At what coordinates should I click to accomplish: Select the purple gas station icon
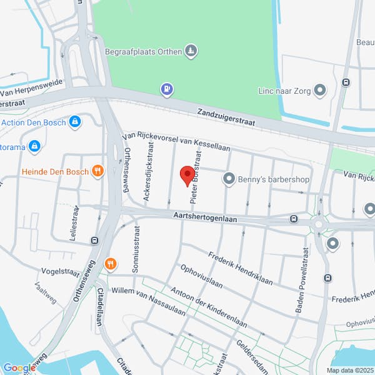tap(167, 90)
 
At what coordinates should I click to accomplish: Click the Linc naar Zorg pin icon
tap(321, 91)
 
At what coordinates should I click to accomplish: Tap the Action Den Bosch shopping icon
tap(76, 121)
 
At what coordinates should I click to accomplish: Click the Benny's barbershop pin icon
tap(228, 179)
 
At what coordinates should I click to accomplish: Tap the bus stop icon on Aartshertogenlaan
tap(293, 219)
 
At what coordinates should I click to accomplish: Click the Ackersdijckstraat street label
tap(149, 171)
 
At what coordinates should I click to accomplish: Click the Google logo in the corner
tap(19, 367)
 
